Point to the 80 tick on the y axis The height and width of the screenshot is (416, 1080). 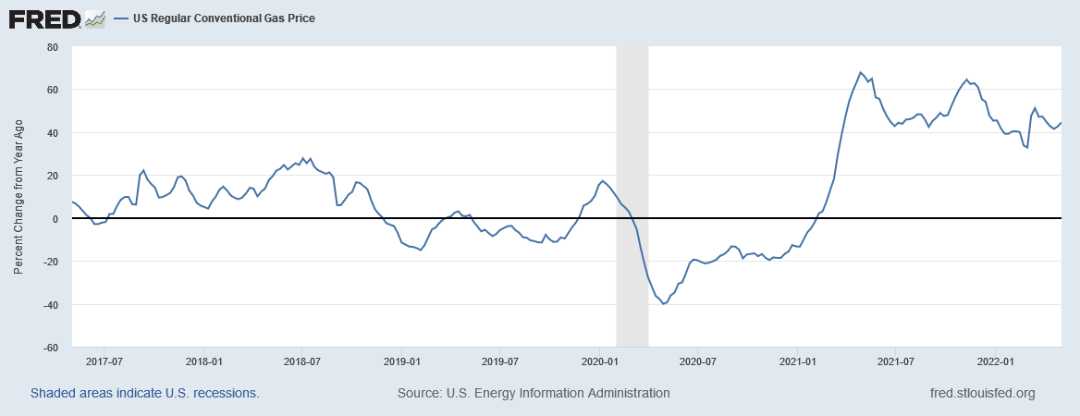click(x=52, y=46)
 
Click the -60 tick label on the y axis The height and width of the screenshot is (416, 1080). click(x=49, y=349)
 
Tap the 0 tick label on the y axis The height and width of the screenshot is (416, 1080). click(x=55, y=219)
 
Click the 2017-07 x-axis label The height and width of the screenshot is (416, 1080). click(x=104, y=361)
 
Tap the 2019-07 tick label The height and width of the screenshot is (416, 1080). click(x=500, y=361)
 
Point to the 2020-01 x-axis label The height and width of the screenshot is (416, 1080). click(x=599, y=361)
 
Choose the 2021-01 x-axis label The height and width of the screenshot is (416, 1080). click(x=798, y=361)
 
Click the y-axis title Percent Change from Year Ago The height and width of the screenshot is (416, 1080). click(x=18, y=197)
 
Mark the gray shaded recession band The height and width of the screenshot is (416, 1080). click(x=632, y=197)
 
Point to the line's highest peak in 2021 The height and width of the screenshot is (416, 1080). click(x=860, y=72)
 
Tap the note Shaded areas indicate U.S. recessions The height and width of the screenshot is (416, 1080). click(x=145, y=393)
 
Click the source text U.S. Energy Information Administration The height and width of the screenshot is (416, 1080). click(x=534, y=393)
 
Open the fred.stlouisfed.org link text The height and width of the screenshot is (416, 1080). click(x=982, y=393)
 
